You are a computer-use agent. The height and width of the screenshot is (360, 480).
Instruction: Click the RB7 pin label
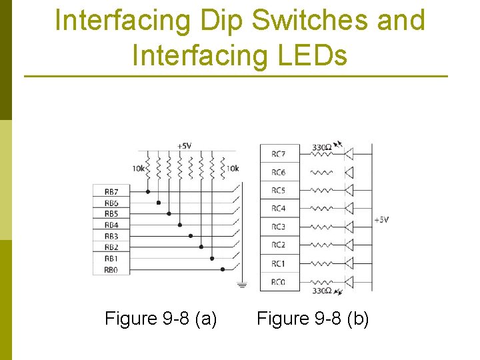pos(111,192)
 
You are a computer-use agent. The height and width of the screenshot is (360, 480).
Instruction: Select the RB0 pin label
pos(111,270)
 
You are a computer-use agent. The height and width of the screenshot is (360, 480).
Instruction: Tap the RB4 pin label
pos(111,225)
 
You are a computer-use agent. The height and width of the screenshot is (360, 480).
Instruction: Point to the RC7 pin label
pos(278,154)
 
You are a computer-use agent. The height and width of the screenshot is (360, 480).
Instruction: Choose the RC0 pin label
pos(278,282)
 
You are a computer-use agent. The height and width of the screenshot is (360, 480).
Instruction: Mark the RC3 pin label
pos(278,227)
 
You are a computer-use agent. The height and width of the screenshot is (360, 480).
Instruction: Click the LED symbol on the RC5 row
pos(348,191)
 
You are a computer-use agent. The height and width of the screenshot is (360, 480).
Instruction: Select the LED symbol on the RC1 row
pos(348,264)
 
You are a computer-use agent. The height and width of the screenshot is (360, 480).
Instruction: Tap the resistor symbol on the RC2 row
pos(322,245)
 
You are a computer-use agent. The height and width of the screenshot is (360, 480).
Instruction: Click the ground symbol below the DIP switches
pos(241,285)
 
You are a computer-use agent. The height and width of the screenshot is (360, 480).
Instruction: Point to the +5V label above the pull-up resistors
pos(184,146)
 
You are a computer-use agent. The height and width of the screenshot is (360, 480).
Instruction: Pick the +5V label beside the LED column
pos(382,219)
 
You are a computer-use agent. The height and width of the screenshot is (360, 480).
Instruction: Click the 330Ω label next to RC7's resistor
pos(323,147)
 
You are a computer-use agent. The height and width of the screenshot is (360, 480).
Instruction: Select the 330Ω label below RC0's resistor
pos(323,291)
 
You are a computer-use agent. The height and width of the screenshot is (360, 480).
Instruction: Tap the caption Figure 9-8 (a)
pos(161,319)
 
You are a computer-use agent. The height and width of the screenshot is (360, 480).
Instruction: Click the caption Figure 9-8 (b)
pos(313,319)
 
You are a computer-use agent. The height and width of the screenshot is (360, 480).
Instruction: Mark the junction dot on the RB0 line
pos(223,270)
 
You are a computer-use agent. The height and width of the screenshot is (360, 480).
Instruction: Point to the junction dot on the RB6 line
pos(158,203)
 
